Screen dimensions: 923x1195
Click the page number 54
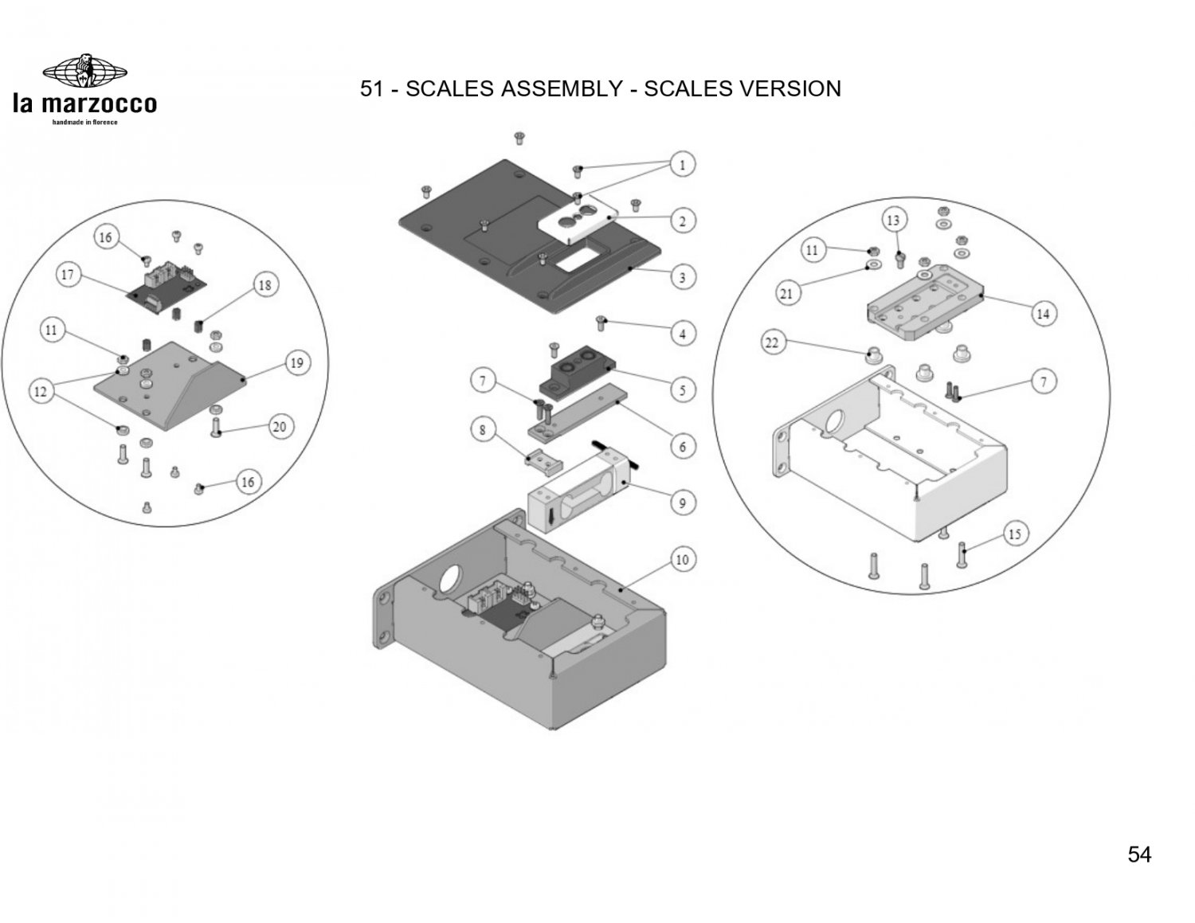[x=1139, y=855]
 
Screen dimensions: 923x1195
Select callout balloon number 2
[x=683, y=221]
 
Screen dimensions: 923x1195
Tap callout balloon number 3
[x=683, y=278]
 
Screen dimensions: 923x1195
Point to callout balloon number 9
[x=683, y=503]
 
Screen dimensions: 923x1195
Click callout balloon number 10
[x=683, y=560]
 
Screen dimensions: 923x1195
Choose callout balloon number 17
[x=69, y=276]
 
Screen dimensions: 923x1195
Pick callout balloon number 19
[x=296, y=363]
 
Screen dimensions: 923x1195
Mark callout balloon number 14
[x=1043, y=314]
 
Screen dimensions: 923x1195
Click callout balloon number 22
[x=772, y=343]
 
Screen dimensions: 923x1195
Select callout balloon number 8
[x=483, y=431]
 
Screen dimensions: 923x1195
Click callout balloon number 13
[x=893, y=219]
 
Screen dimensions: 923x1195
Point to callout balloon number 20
[x=279, y=427]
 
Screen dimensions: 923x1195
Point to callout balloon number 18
[x=265, y=285]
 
